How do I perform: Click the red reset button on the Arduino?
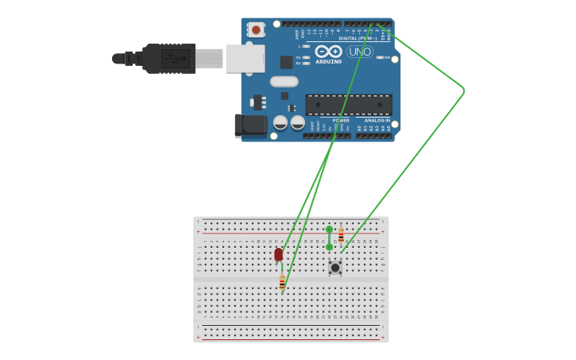tap(256, 30)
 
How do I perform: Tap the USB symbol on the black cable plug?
tap(175, 58)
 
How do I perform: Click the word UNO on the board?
tap(359, 52)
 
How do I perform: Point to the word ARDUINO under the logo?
tap(328, 61)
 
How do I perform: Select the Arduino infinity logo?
tap(328, 51)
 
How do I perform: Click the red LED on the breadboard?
tap(278, 254)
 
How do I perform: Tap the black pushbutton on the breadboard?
tap(335, 267)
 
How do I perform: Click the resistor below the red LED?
tap(282, 282)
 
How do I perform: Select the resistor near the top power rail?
tap(341, 236)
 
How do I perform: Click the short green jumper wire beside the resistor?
tap(329, 238)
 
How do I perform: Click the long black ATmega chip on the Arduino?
tap(349, 105)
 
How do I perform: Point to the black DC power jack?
tap(249, 125)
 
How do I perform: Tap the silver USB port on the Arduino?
tap(245, 58)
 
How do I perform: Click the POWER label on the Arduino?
tap(341, 121)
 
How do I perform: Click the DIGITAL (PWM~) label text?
tap(358, 37)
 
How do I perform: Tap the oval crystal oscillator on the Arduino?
tap(284, 81)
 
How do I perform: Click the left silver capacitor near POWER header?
tap(280, 122)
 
